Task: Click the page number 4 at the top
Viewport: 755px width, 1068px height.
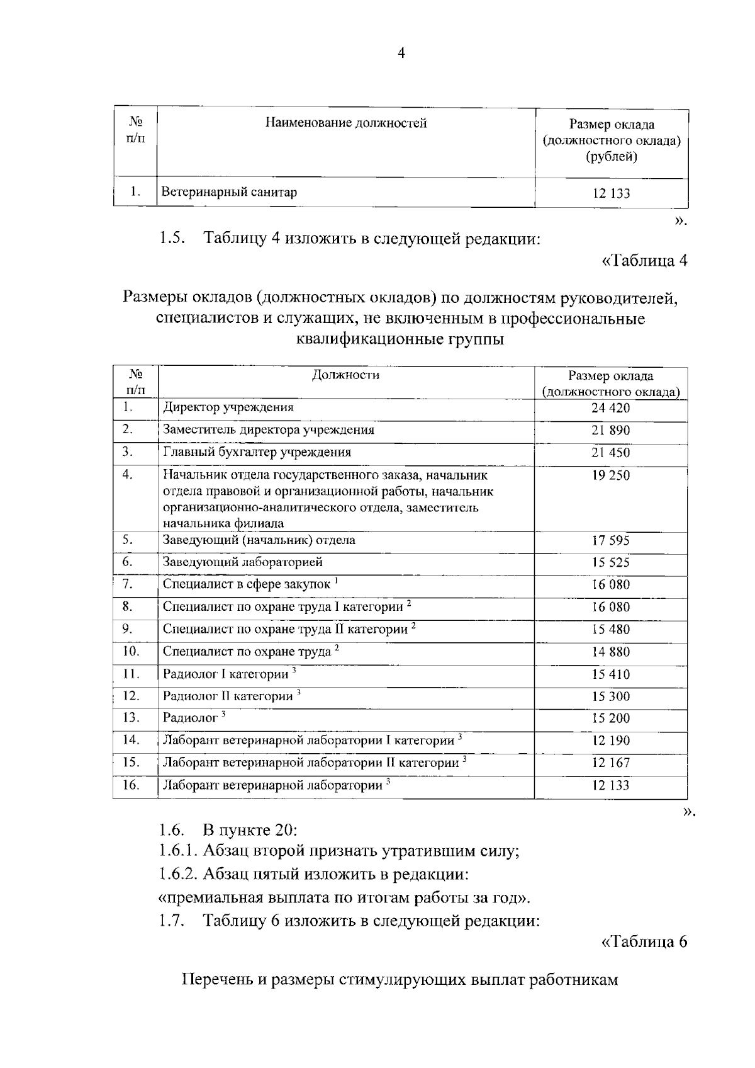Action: [x=402, y=53]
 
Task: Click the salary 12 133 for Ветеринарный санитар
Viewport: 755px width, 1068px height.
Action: [x=610, y=193]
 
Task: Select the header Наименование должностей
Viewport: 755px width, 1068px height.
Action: [x=345, y=123]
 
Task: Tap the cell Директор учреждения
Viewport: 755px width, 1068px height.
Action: [x=228, y=407]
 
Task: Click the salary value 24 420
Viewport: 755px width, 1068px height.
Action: [x=610, y=408]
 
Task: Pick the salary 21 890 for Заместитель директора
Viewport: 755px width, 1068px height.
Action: [x=610, y=431]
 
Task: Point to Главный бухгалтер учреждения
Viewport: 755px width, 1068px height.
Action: [x=257, y=452]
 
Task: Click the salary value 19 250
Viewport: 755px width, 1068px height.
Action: [x=610, y=475]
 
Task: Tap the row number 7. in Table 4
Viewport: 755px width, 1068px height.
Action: [x=128, y=584]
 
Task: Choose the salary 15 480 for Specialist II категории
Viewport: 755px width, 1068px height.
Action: [x=610, y=630]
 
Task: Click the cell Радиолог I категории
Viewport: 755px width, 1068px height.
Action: [x=226, y=674]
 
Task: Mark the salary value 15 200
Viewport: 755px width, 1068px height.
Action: [x=610, y=719]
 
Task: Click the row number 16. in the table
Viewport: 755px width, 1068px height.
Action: [x=130, y=785]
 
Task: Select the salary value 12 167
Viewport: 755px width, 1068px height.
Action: [x=610, y=763]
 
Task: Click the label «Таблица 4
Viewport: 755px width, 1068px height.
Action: [x=645, y=261]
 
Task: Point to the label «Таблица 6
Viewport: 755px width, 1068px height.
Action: [x=645, y=942]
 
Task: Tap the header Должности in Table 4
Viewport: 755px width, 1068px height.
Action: [x=345, y=375]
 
